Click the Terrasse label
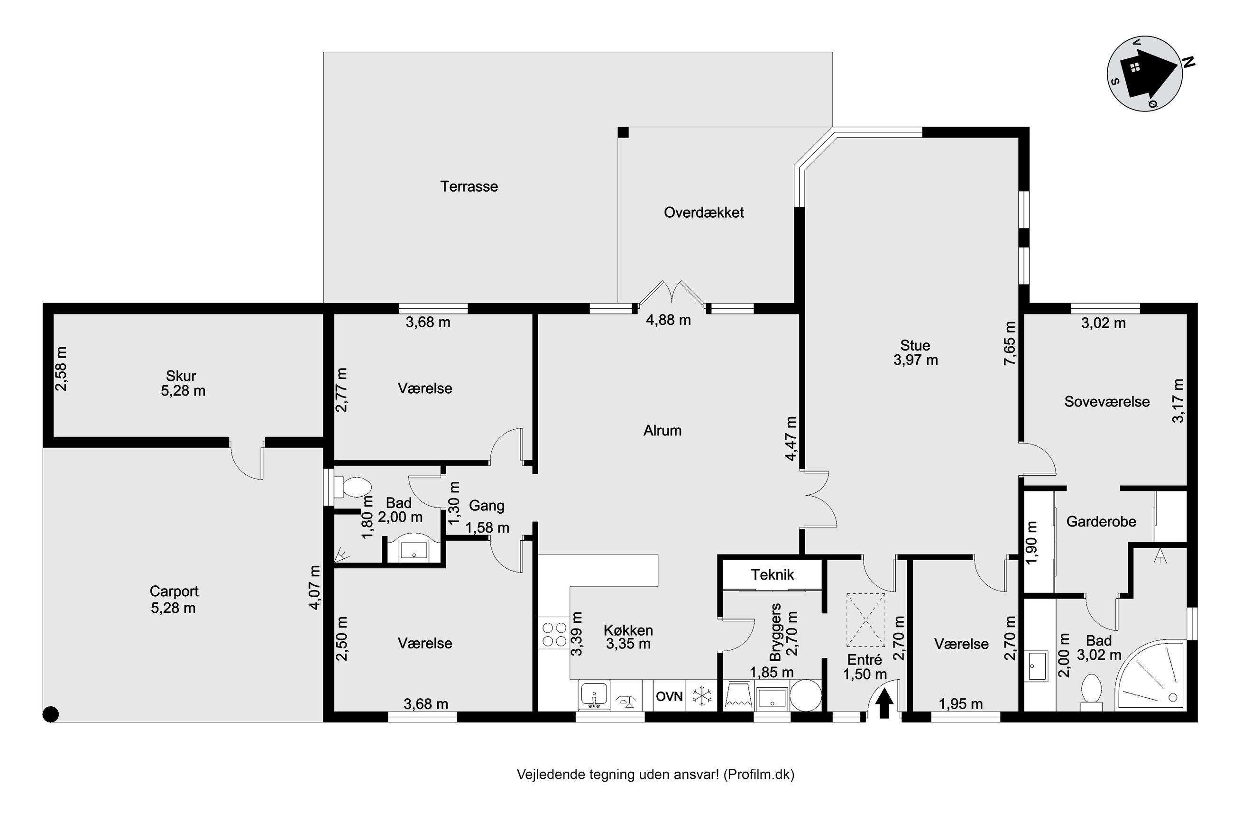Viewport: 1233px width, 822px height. (x=469, y=186)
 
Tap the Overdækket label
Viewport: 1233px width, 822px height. (x=704, y=212)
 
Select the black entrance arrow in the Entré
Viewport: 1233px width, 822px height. (x=884, y=703)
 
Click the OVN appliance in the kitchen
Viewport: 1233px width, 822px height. (x=669, y=696)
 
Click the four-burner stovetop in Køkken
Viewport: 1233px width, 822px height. (x=554, y=633)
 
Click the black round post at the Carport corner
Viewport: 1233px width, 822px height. (x=51, y=714)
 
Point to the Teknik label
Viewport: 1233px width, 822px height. (x=773, y=574)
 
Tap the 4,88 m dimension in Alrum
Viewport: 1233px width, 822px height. (x=668, y=320)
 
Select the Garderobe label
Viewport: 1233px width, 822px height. (x=1101, y=522)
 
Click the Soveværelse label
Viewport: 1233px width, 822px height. (x=1107, y=402)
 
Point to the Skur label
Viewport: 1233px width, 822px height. (x=181, y=376)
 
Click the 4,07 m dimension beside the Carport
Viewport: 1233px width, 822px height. (x=314, y=588)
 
